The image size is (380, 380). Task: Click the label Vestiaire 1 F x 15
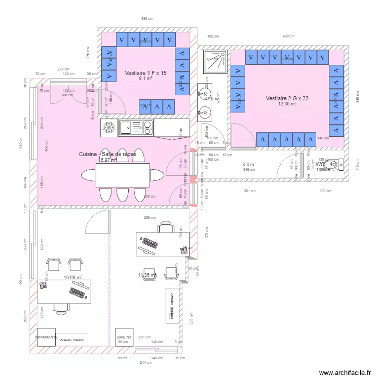(145, 73)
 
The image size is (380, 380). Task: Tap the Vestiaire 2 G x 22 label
(287, 98)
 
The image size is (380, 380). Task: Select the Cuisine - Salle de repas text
(107, 154)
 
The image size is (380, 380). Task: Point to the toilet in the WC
(340, 163)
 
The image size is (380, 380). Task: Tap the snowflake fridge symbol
(108, 128)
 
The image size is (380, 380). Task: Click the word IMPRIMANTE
(46, 336)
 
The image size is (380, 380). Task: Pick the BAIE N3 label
(124, 336)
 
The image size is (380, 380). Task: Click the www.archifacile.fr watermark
(345, 371)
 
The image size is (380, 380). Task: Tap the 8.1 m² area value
(145, 79)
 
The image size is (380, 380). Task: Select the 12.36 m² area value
(287, 104)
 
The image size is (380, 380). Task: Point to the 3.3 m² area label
(249, 165)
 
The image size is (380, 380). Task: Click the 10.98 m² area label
(73, 277)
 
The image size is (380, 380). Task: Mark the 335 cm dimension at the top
(147, 19)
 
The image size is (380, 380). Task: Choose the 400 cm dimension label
(288, 36)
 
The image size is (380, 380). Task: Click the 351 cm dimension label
(249, 191)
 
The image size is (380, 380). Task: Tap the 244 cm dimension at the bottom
(146, 363)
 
